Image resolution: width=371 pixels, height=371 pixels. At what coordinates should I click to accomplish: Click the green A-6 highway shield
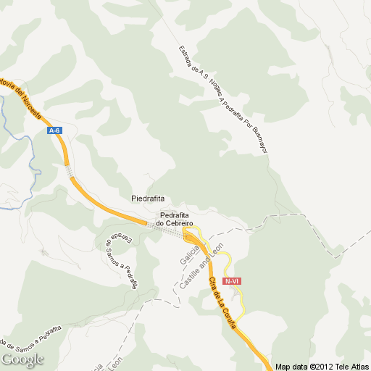54,130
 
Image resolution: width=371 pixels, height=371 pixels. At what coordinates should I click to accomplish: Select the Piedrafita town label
148,198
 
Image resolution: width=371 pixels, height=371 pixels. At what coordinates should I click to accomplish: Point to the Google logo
22,359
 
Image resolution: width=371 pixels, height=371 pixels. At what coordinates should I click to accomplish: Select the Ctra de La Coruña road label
222,303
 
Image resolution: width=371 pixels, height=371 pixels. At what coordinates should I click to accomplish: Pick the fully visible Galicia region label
187,251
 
